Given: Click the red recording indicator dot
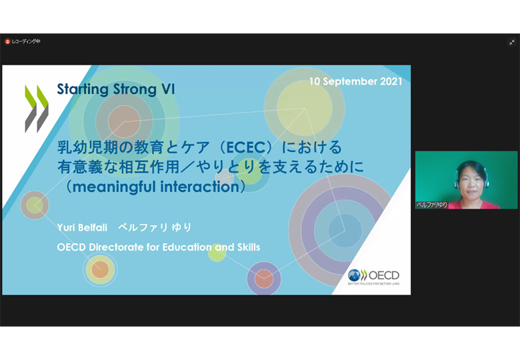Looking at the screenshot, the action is (x=7, y=41).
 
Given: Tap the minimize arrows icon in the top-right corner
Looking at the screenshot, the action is (x=512, y=42).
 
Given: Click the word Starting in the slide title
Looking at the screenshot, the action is (x=83, y=89).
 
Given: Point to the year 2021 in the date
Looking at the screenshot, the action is (x=391, y=81).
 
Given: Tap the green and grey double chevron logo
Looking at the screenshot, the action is (x=37, y=109).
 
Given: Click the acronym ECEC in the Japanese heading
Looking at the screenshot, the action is (x=247, y=147).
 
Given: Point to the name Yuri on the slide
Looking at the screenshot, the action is (x=65, y=228).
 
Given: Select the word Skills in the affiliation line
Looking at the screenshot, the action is (x=249, y=247).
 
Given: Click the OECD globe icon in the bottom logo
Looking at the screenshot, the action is (x=354, y=275).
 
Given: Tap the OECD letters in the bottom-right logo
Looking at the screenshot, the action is (x=384, y=275).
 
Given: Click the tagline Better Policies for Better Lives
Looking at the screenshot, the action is (x=373, y=284).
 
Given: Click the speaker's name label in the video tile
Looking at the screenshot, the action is (x=432, y=205).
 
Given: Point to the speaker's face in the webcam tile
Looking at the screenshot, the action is (x=471, y=183).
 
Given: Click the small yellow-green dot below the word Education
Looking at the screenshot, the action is (x=217, y=253).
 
